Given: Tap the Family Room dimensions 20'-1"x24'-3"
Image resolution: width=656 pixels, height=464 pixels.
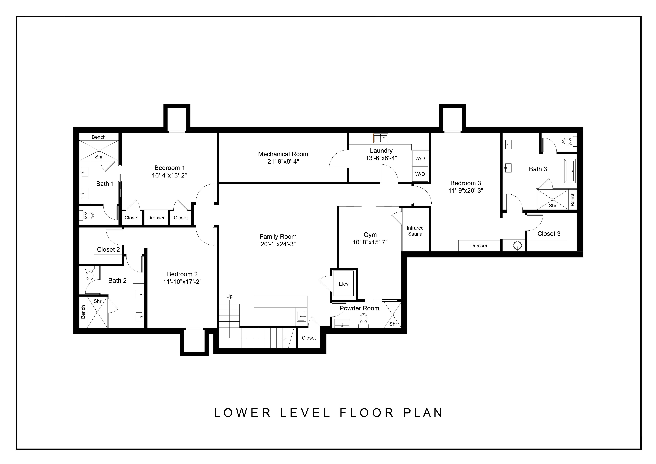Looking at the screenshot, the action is (x=278, y=244).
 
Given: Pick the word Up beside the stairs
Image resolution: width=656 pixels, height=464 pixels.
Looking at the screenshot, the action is (x=229, y=296).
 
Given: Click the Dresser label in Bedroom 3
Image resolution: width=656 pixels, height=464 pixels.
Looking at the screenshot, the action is (x=479, y=246).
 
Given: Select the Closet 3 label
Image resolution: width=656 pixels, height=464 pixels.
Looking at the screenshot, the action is (x=549, y=234).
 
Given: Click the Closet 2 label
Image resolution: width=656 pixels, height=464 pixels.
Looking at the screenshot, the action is (x=108, y=250).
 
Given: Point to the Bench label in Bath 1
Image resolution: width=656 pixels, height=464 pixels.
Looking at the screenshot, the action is (x=99, y=137).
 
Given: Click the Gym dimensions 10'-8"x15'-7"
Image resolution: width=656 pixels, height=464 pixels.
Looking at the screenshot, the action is (x=370, y=242).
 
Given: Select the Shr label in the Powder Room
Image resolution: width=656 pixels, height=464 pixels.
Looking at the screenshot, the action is (x=393, y=324).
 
